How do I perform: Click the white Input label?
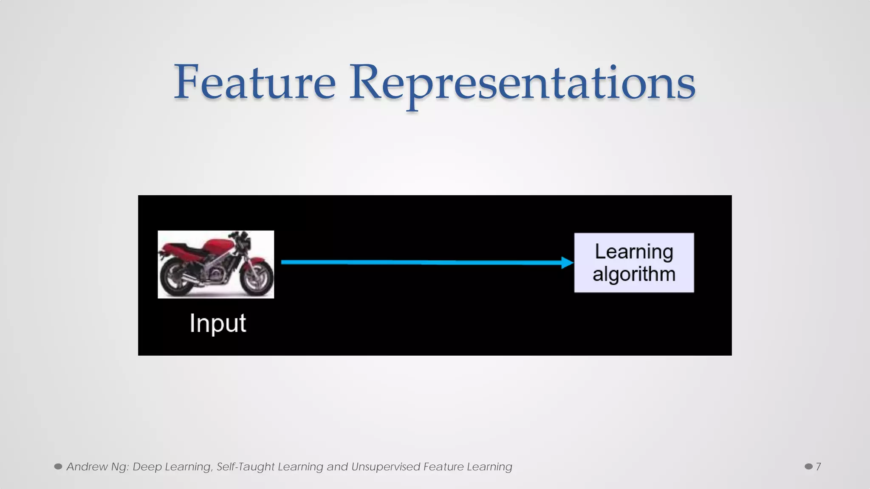coord(217,323)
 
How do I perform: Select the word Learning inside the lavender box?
coord(634,252)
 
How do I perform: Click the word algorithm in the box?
coord(634,274)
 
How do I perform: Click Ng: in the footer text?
coord(120,467)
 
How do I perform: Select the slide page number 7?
coord(819,467)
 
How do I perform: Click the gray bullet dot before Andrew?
coord(58,467)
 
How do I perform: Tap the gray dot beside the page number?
coord(808,467)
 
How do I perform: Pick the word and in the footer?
coord(337,467)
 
